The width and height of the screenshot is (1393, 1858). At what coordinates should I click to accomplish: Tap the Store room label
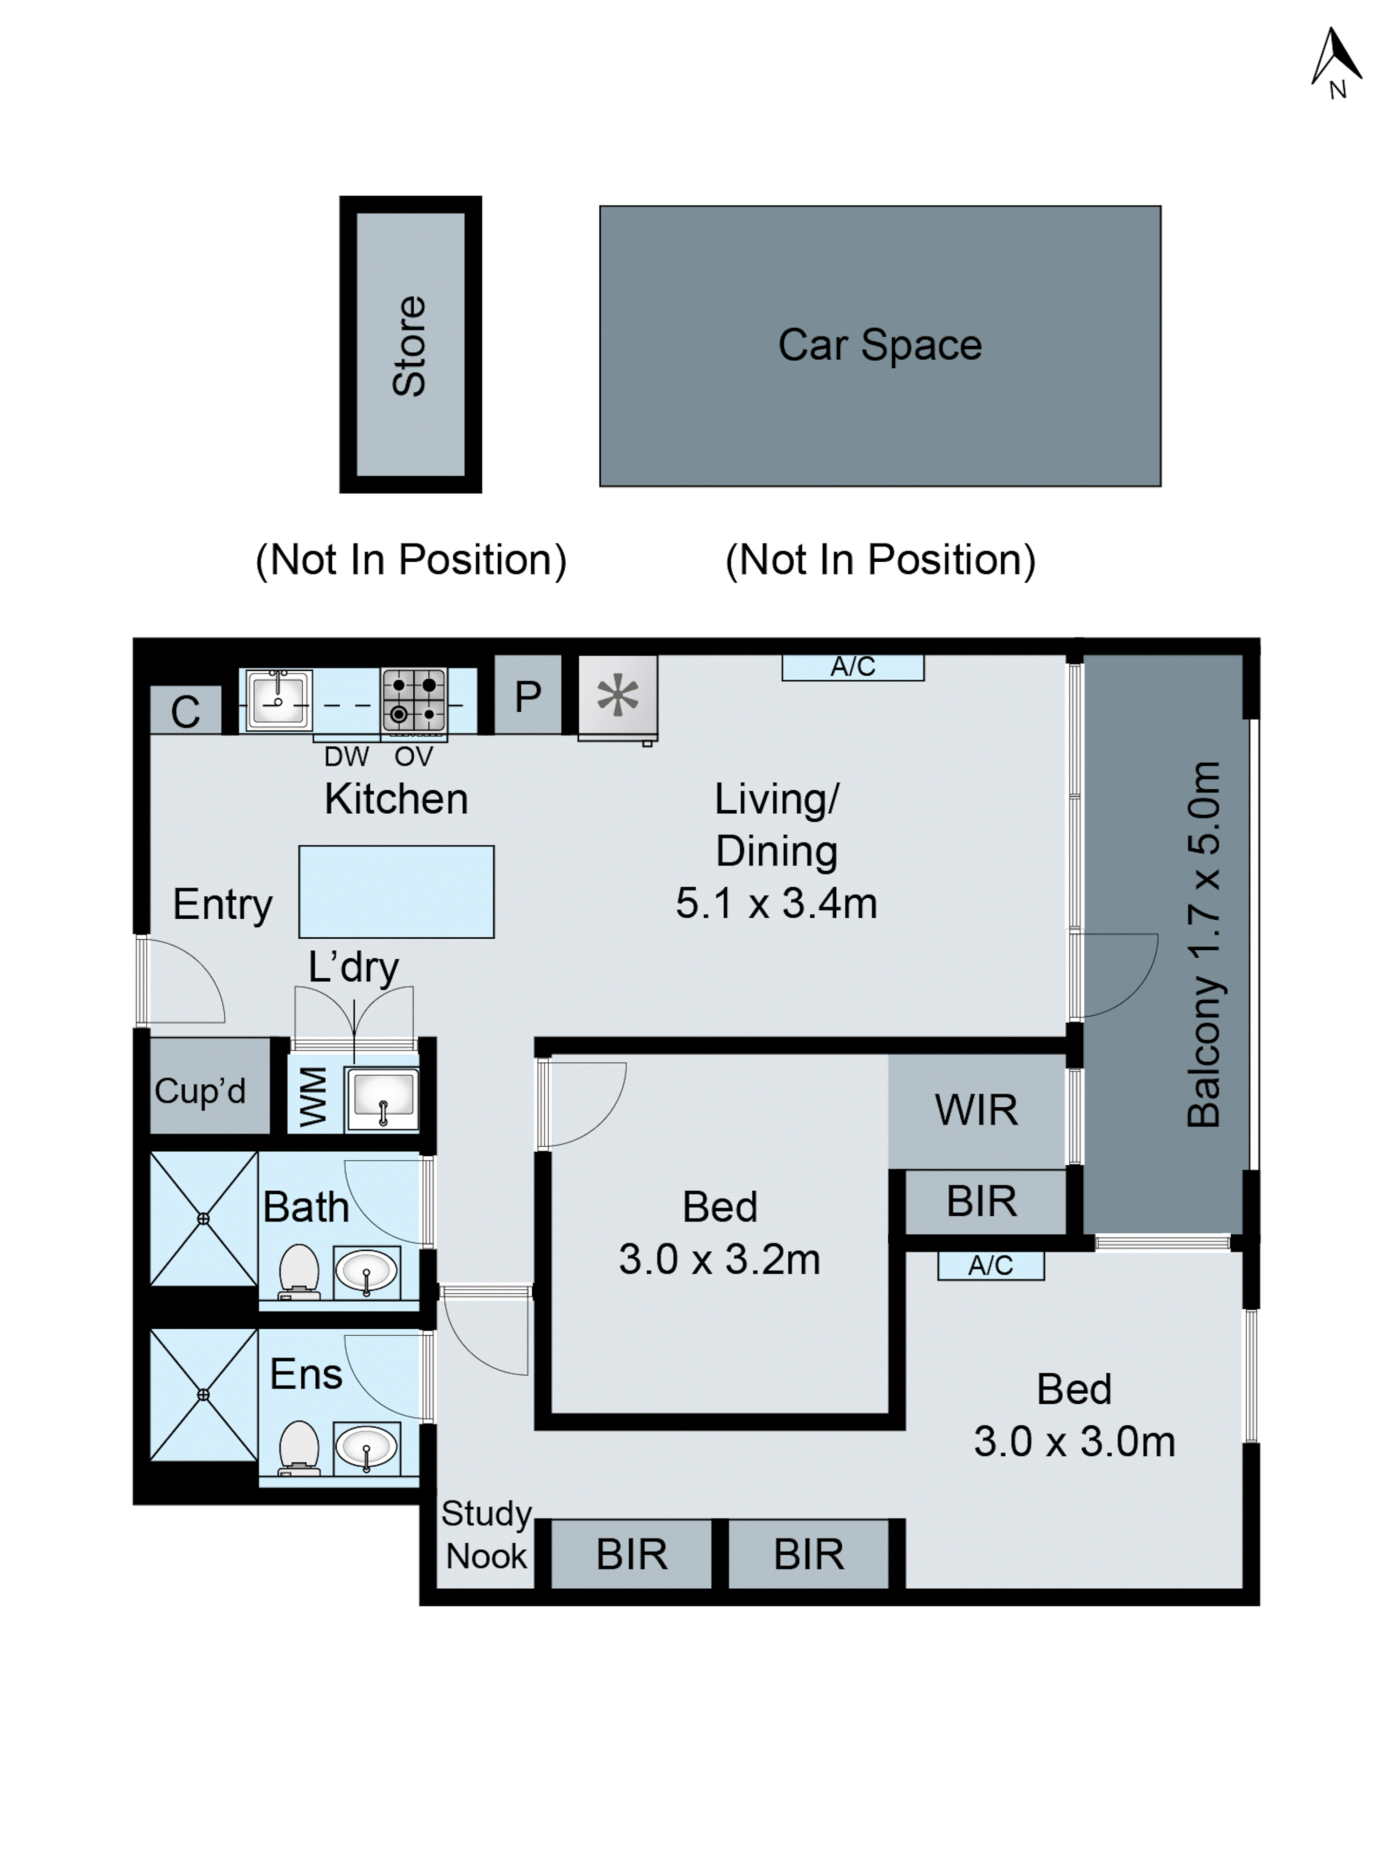[x=410, y=345]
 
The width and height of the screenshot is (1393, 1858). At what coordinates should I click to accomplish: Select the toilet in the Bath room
[x=298, y=1271]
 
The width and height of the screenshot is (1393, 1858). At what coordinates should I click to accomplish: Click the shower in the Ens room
[x=203, y=1394]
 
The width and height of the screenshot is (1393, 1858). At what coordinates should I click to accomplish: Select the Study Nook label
[x=486, y=1534]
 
